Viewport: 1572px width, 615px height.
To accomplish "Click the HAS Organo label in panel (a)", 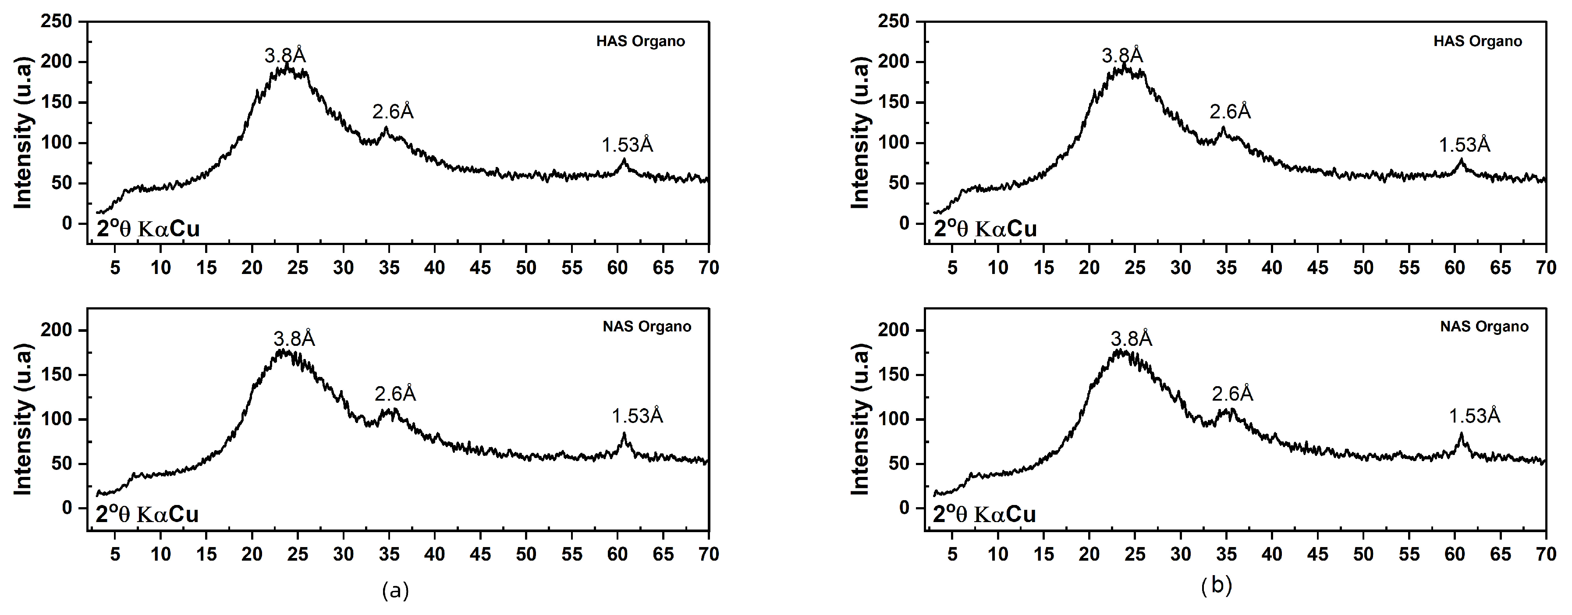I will (x=640, y=42).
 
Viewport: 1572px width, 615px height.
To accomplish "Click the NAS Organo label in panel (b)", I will (x=1483, y=327).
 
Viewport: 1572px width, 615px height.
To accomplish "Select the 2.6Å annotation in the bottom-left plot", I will (x=395, y=394).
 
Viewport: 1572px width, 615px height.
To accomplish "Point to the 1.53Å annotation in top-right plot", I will (x=1465, y=145).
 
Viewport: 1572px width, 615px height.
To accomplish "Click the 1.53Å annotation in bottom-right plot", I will (x=1474, y=416).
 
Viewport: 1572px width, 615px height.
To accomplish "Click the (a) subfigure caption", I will (x=395, y=590).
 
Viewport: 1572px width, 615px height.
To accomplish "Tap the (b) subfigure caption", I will (x=1216, y=586).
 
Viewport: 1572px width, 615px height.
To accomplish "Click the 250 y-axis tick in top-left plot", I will (x=56, y=21).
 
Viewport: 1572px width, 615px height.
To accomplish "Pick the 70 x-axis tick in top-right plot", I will (x=1546, y=267).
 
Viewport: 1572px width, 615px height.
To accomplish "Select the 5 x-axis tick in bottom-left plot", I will (x=115, y=554).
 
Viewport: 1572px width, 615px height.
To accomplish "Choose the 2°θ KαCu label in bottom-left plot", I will (x=147, y=514).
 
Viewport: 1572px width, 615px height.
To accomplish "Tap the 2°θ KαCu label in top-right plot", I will (x=985, y=228).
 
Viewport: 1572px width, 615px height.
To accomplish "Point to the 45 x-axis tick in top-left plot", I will (x=481, y=267).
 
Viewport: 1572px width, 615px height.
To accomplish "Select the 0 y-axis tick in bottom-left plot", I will (x=67, y=508).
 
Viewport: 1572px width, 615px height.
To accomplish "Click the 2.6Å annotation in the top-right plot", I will (x=1230, y=112).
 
